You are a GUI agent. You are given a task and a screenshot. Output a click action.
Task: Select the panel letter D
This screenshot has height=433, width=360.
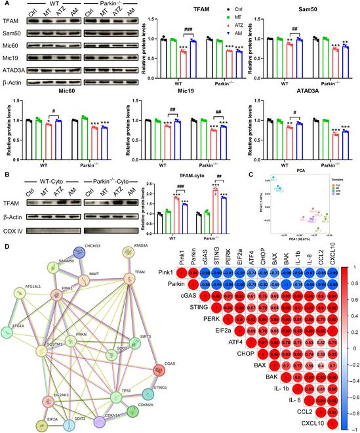coord(5,246)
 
